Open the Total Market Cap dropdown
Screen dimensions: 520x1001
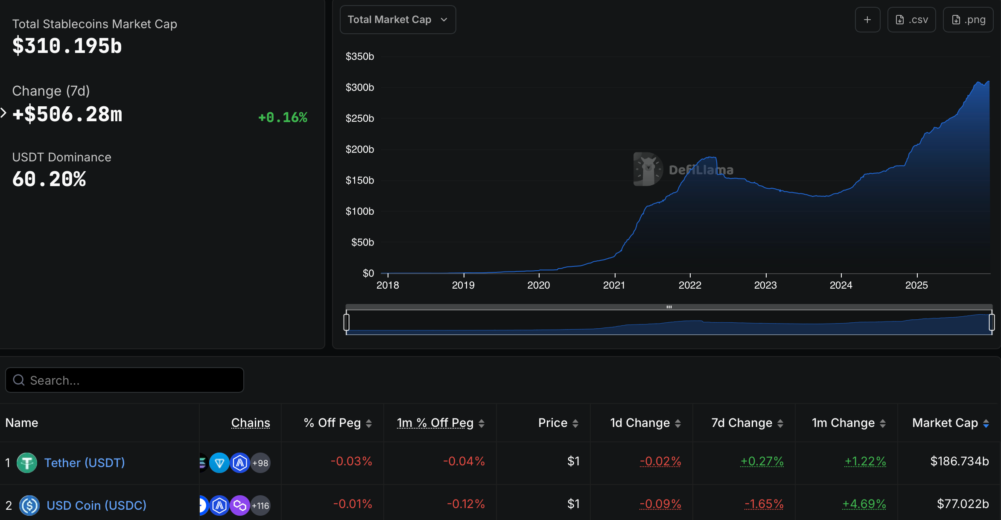[397, 20]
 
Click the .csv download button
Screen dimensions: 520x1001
[911, 20]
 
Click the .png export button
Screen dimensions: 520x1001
[968, 20]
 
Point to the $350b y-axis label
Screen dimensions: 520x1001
[359, 56]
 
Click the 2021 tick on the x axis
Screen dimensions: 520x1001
[614, 285]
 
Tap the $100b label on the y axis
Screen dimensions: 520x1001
[359, 211]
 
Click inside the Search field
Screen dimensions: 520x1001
[128, 380]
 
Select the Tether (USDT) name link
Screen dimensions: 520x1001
[85, 463]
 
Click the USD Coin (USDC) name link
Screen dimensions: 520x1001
[96, 505]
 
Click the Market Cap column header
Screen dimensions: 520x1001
[945, 423]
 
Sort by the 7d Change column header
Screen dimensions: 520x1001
[742, 423]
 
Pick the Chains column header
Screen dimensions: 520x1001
[251, 423]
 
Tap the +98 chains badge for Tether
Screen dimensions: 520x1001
[260, 463]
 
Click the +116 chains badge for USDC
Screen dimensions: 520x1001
[260, 506]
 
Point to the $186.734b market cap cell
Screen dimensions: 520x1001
[959, 462]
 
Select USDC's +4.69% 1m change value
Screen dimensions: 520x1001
[864, 504]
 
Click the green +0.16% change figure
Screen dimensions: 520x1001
[283, 117]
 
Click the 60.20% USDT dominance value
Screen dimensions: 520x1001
[49, 179]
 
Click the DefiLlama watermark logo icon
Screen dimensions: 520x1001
[648, 169]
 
